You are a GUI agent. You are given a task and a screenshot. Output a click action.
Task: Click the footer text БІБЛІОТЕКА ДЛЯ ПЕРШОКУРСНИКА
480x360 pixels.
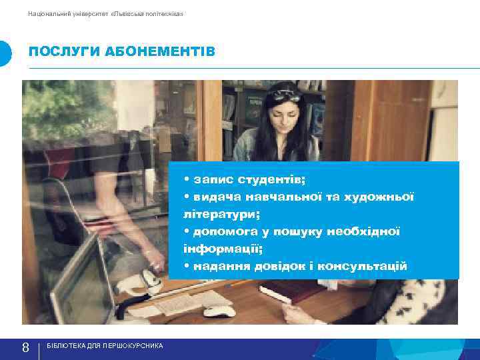click(105, 347)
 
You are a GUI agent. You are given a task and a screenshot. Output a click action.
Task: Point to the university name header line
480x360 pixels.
click(105, 13)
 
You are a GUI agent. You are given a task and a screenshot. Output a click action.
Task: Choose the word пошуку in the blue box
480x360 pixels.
click(303, 232)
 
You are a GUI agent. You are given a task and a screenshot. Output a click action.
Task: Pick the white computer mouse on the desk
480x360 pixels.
click(219, 311)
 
